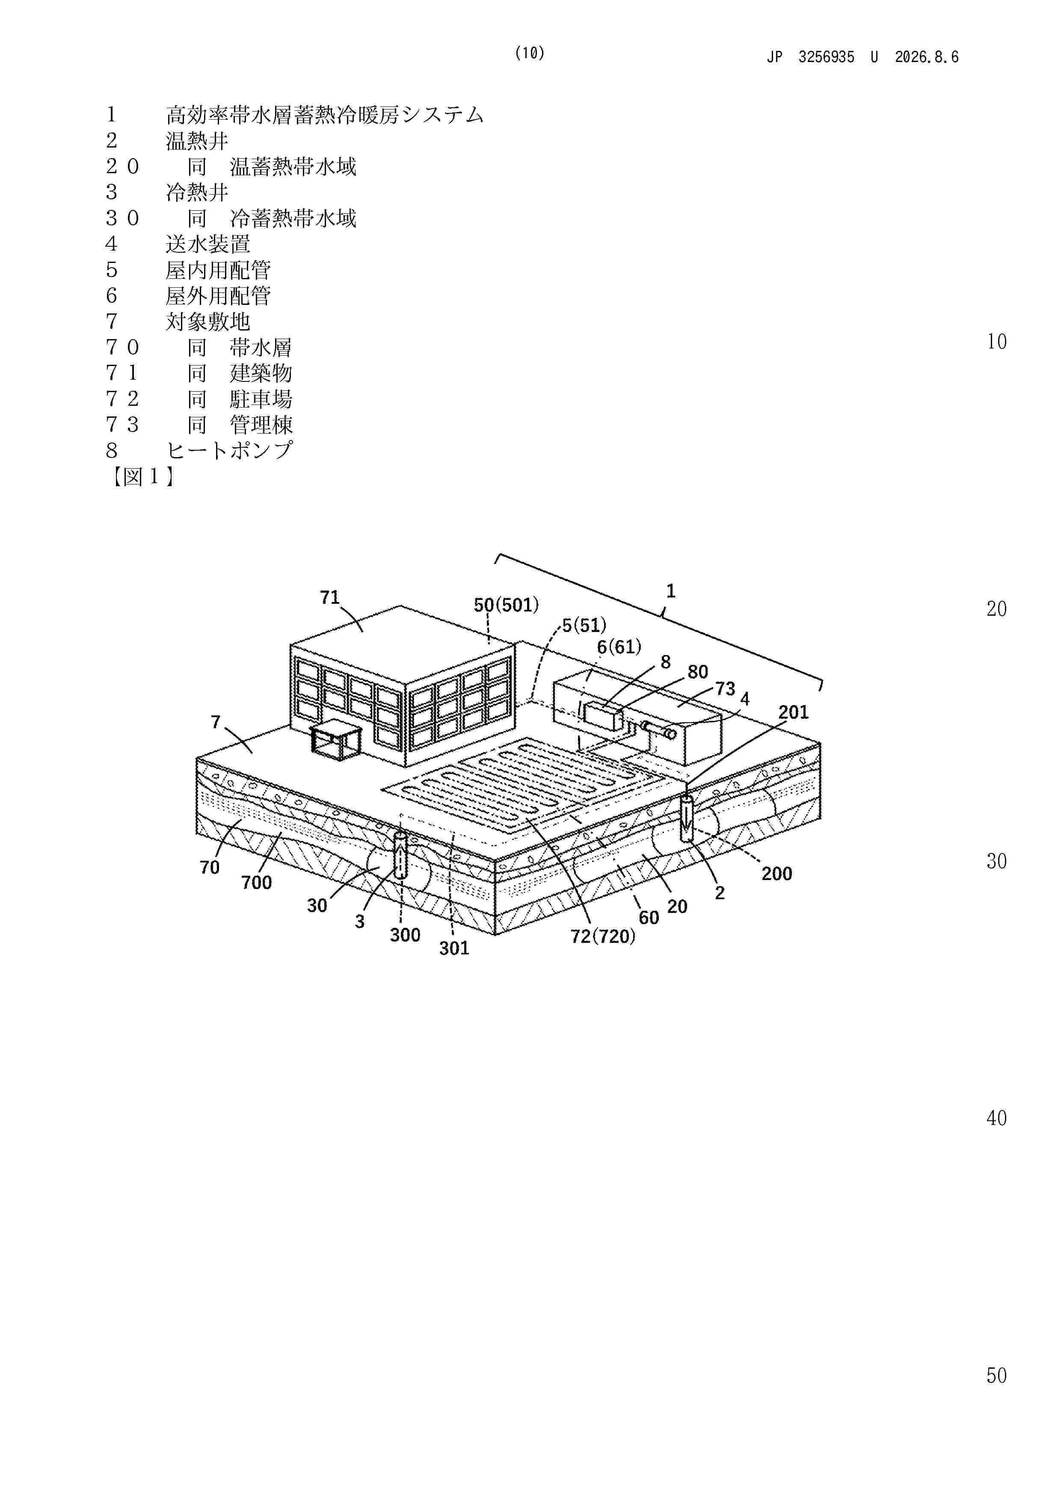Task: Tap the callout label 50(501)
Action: click(x=506, y=605)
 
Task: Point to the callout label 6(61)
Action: click(x=619, y=647)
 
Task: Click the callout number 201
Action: click(x=793, y=712)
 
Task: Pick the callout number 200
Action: click(x=776, y=874)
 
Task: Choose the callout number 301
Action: click(x=454, y=948)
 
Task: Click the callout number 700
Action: click(x=256, y=883)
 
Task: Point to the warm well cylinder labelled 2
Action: click(x=686, y=818)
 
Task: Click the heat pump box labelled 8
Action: click(x=603, y=717)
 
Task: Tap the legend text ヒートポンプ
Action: click(x=229, y=450)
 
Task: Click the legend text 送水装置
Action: click(x=208, y=244)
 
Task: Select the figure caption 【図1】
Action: click(x=141, y=476)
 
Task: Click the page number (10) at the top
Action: click(x=530, y=53)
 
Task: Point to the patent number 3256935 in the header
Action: click(x=826, y=57)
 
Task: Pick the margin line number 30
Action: click(x=996, y=861)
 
